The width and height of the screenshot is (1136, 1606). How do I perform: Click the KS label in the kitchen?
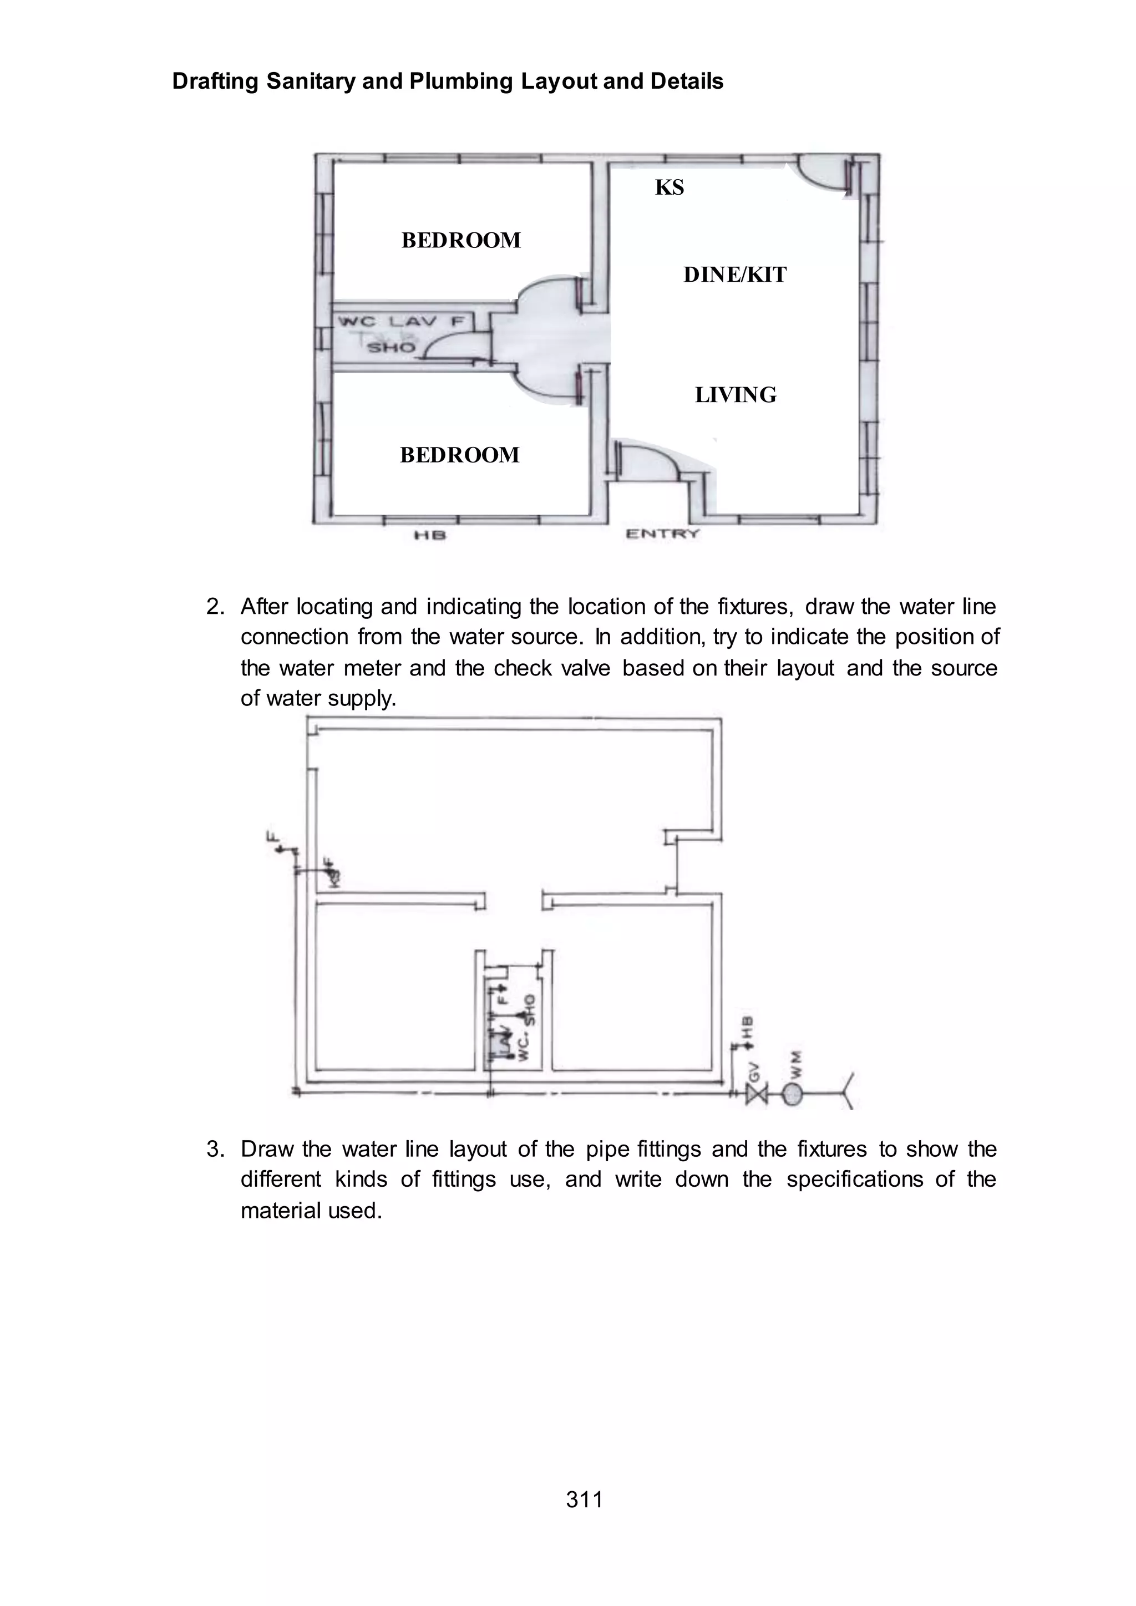pos(670,187)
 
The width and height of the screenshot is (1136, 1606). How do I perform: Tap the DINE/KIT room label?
pos(734,275)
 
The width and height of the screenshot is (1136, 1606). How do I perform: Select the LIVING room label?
pos(735,395)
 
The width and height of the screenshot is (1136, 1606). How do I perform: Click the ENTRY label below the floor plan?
pos(662,535)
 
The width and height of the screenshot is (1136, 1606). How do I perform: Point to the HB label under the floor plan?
pos(430,536)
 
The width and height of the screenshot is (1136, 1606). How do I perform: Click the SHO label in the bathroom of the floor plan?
pos(392,347)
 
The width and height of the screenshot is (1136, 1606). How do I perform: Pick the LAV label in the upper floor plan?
pos(413,322)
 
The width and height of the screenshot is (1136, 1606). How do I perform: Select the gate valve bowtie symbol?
pos(756,1093)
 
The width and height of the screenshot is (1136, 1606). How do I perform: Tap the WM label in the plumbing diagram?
pos(795,1064)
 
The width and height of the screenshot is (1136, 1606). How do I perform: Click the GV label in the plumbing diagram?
pos(754,1071)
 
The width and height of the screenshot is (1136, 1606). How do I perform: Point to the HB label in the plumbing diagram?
pos(748,1028)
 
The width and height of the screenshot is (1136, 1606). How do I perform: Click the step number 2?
pos(215,607)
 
